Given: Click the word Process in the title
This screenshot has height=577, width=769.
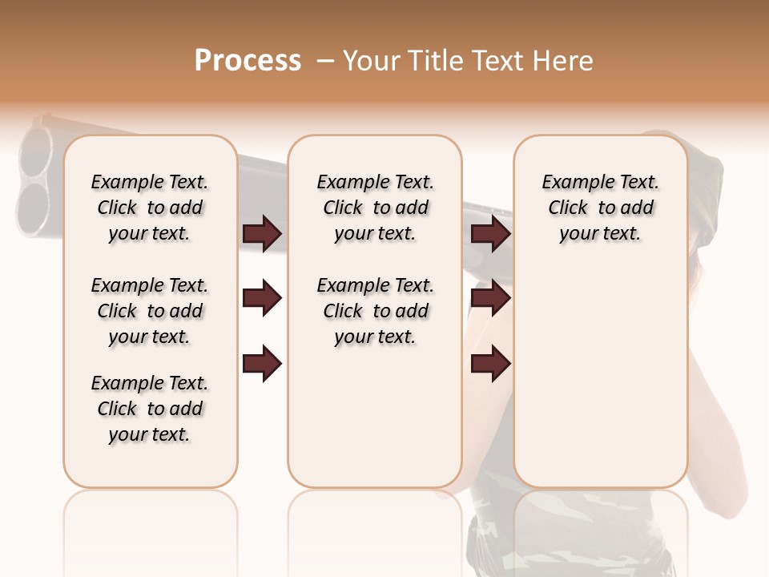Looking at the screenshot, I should (248, 61).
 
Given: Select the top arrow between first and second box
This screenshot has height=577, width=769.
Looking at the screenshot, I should (262, 234).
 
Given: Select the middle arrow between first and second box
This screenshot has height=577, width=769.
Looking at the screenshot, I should (262, 299).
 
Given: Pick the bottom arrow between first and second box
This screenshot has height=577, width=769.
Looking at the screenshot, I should (262, 364).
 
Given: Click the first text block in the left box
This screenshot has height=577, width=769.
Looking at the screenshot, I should (150, 208).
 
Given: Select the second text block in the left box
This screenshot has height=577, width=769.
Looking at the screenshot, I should (150, 311).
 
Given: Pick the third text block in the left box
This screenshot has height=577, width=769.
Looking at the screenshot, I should (150, 409).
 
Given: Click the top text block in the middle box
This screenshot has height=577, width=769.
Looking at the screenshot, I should (375, 208).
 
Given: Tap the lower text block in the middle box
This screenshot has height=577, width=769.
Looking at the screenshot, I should (375, 311).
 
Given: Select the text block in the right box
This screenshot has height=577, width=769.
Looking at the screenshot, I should (600, 208).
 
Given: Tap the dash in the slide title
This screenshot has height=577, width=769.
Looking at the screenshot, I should (325, 61).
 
